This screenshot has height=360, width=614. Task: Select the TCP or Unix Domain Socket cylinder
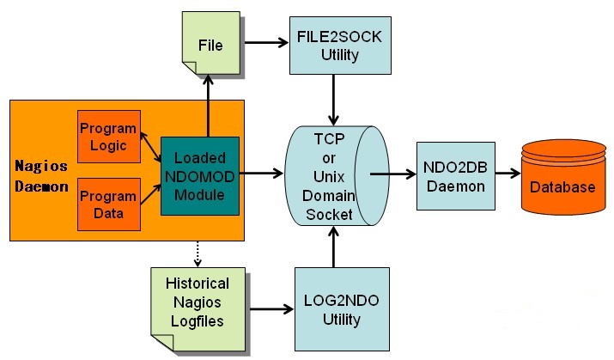(328, 174)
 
